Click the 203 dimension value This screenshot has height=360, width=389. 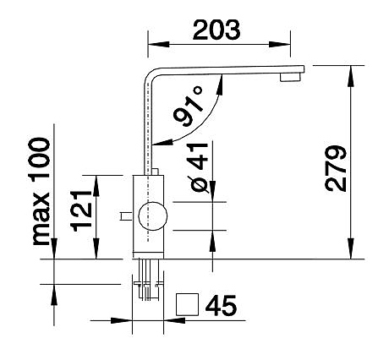[216, 30]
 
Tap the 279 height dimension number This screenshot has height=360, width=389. [336, 168]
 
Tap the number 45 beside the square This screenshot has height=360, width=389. [221, 305]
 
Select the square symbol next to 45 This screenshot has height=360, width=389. [187, 304]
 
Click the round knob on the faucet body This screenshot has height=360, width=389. [153, 216]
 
